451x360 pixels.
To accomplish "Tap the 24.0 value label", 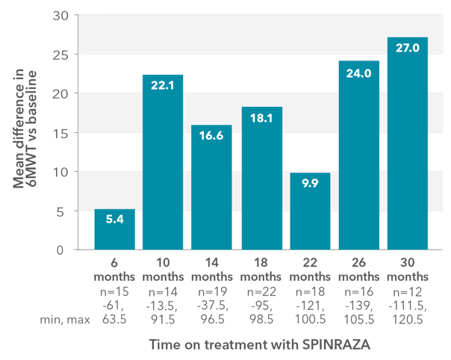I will pyautogui.click(x=359, y=74).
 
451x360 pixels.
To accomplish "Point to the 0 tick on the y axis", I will pyautogui.click(x=66, y=250).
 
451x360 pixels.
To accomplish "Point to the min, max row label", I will pyautogui.click(x=65, y=319).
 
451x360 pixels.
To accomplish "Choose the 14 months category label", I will pyautogui.click(x=212, y=271).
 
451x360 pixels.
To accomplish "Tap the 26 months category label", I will pyautogui.click(x=359, y=271).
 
